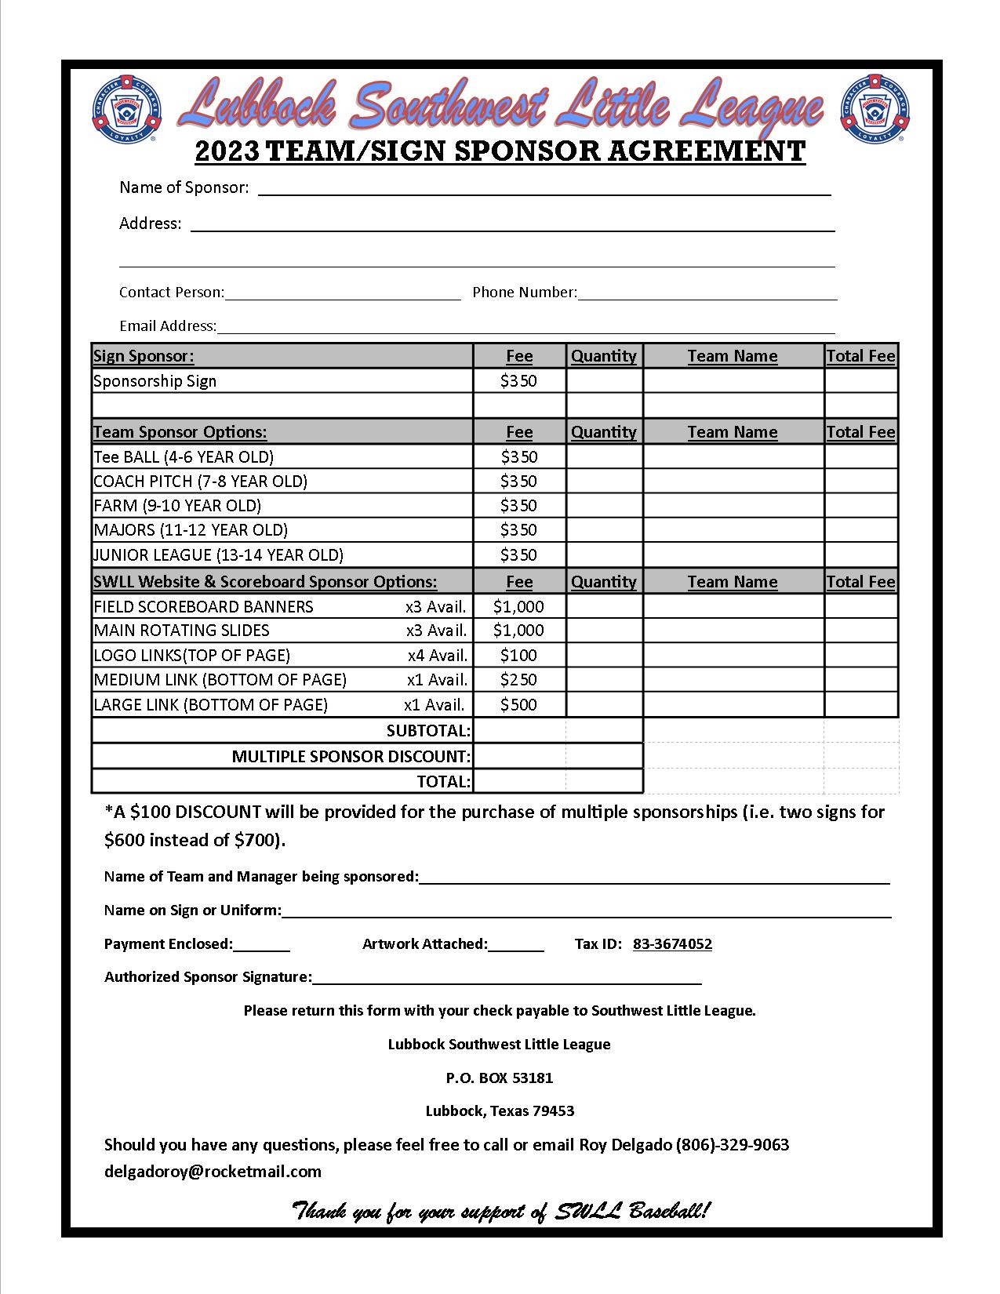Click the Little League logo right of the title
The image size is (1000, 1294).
tap(875, 109)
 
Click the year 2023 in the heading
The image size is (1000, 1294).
tap(227, 151)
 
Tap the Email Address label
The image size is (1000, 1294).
tap(167, 325)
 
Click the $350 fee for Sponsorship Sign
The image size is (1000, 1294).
tap(518, 381)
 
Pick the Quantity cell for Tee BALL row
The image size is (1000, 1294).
tap(604, 456)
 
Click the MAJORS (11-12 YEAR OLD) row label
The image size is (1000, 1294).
tap(191, 530)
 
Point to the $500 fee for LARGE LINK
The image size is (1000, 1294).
tap(518, 704)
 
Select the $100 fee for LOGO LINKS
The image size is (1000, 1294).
tap(518, 655)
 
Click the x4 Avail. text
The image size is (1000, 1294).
tap(437, 655)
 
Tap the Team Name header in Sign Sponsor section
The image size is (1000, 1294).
tap(733, 356)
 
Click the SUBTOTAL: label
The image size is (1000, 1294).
tap(428, 731)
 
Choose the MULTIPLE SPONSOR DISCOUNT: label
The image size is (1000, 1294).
tap(351, 757)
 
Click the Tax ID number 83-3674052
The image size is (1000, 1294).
tap(672, 944)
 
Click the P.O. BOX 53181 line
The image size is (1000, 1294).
tap(500, 1078)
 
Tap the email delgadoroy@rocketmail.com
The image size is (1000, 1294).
tap(213, 1172)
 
